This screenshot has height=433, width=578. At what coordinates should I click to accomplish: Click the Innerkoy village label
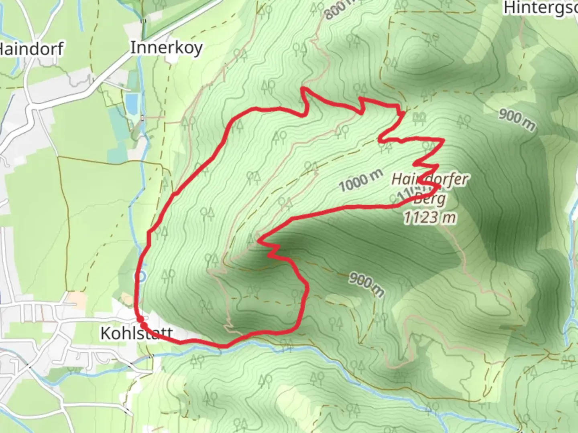pyautogui.click(x=166, y=48)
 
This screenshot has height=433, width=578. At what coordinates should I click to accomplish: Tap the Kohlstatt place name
pyautogui.click(x=136, y=333)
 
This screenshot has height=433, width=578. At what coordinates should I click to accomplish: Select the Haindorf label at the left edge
pyautogui.click(x=31, y=49)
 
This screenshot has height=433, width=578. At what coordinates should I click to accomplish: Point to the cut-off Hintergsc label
pyautogui.click(x=540, y=8)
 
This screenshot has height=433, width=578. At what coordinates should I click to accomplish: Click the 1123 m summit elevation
pyautogui.click(x=429, y=218)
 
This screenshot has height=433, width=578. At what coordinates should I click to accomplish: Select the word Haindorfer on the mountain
pyautogui.click(x=429, y=179)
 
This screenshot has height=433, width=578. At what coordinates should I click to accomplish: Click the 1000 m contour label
pyautogui.click(x=360, y=181)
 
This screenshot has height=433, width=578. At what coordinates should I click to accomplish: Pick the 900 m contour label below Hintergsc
pyautogui.click(x=517, y=119)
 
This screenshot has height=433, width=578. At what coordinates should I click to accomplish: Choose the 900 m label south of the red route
pyautogui.click(x=366, y=284)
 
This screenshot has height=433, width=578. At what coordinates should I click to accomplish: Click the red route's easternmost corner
pyautogui.click(x=443, y=140)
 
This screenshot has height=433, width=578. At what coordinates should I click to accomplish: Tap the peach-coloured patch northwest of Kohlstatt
pyautogui.click(x=73, y=298)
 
